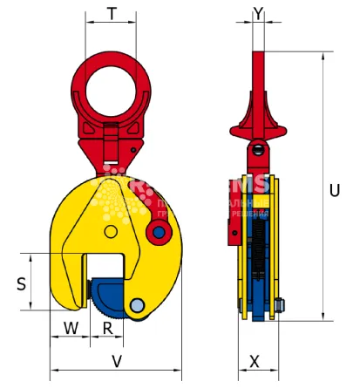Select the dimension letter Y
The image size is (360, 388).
coord(257,14)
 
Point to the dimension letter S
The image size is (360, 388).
coord(23,282)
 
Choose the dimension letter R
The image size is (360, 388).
coord(107,329)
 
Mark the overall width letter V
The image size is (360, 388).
coord(116,359)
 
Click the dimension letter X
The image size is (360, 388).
coord(255,359)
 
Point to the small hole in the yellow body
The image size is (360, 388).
coord(111,230)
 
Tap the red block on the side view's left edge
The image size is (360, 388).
coord(233,228)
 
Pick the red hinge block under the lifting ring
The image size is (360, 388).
coord(113,140)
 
